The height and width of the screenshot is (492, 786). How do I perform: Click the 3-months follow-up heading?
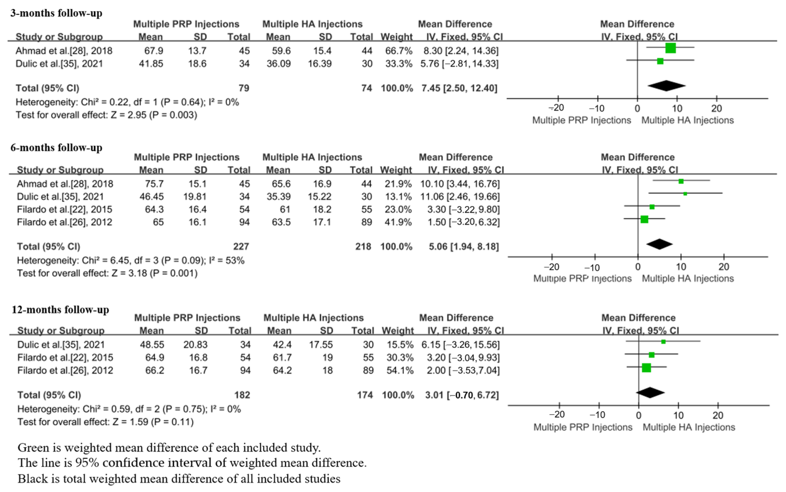tap(56, 13)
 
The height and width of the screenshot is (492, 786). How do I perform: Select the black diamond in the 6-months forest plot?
tap(659, 244)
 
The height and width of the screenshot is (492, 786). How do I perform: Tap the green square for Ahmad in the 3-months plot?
tap(670, 48)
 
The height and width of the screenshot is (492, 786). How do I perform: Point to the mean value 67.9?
tap(154, 51)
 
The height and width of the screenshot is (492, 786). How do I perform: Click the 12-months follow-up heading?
tap(60, 309)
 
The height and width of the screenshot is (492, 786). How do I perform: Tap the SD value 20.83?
tap(195, 345)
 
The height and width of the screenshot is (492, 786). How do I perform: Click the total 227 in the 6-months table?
tap(241, 247)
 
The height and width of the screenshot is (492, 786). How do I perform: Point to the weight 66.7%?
tap(399, 51)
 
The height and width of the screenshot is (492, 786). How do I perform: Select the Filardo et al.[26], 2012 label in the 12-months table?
tap(65, 370)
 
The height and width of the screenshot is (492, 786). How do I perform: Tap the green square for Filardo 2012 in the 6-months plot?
tap(644, 219)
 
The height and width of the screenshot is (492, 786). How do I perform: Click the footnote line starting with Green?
tap(169, 448)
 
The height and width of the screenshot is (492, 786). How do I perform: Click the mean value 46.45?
tap(151, 197)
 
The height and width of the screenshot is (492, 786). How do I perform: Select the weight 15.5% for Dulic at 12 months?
tap(400, 345)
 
